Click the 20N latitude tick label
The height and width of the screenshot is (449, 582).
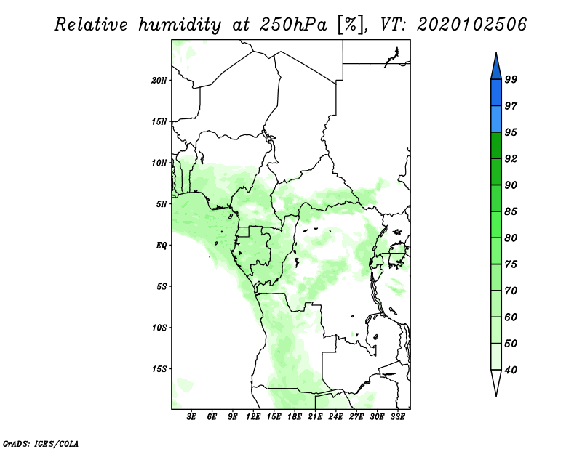pyautogui.click(x=159, y=81)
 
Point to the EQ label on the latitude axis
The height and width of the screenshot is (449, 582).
pyautogui.click(x=162, y=246)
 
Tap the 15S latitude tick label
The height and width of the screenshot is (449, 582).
pyautogui.click(x=159, y=369)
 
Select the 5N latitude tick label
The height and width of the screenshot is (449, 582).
pyautogui.click(x=162, y=204)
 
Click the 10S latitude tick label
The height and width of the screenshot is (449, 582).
pyautogui.click(x=159, y=328)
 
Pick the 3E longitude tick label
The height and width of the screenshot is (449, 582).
pyautogui.click(x=191, y=417)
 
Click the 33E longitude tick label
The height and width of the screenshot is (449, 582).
pyautogui.click(x=397, y=417)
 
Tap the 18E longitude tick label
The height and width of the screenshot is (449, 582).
pyautogui.click(x=295, y=417)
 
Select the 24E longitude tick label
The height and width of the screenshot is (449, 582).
pyautogui.click(x=335, y=417)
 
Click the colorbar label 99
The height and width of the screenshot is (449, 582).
pyautogui.click(x=511, y=79)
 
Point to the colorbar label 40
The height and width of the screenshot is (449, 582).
pyautogui.click(x=511, y=370)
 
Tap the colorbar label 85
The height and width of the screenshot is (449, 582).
pyautogui.click(x=511, y=211)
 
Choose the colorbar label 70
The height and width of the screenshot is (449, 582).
pyautogui.click(x=511, y=291)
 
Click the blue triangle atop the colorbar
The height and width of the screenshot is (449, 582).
pyautogui.click(x=496, y=68)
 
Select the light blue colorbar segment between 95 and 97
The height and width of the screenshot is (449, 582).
pyautogui.click(x=496, y=119)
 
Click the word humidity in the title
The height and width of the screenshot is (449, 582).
pyautogui.click(x=180, y=25)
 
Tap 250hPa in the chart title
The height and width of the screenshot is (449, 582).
pyautogui.click(x=293, y=25)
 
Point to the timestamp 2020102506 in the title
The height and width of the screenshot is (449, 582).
pyautogui.click(x=471, y=25)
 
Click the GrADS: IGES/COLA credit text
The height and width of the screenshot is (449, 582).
pyautogui.click(x=41, y=443)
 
